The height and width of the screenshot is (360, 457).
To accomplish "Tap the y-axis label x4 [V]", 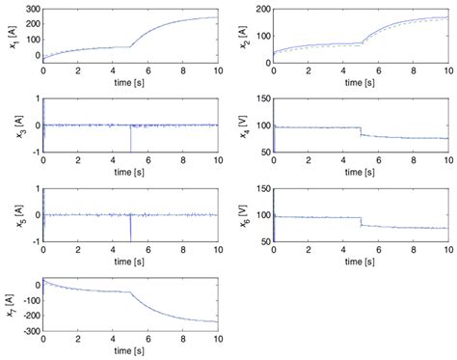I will (x=244, y=125).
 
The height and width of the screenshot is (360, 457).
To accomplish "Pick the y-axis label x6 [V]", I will (x=244, y=214).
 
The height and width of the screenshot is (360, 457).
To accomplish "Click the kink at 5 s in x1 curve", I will (x=130, y=46).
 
